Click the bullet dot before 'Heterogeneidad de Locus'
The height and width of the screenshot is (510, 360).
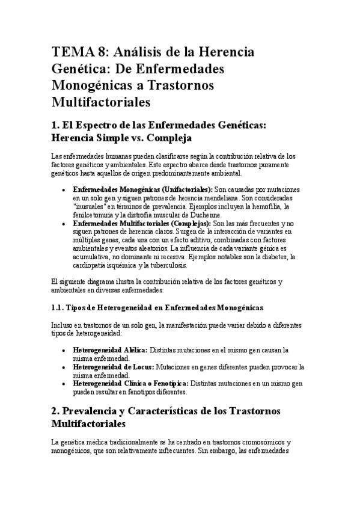click(64, 366)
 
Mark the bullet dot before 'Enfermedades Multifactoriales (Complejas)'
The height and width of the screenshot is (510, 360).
click(64, 223)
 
